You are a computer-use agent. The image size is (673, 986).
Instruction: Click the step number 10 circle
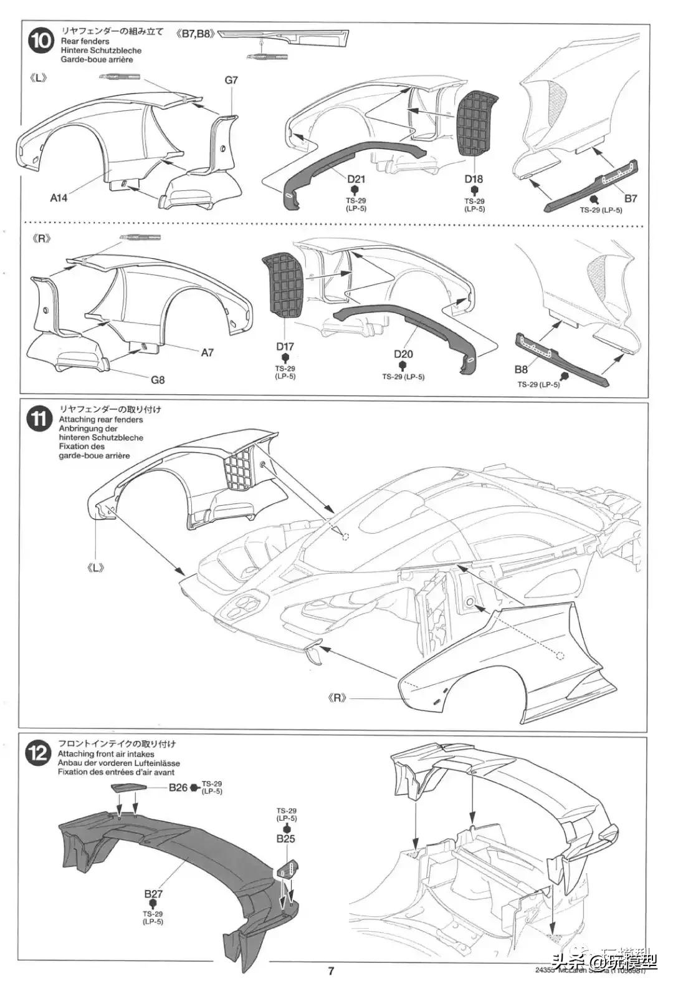tap(42, 42)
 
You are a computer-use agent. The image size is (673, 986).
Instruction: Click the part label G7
tap(232, 80)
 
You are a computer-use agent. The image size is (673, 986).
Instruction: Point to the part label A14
tap(59, 198)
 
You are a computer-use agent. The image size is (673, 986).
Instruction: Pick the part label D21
tap(356, 180)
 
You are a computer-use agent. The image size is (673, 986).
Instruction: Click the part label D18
tap(474, 180)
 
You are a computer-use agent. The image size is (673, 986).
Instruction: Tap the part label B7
tap(631, 198)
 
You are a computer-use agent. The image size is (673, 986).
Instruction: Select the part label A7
tap(208, 352)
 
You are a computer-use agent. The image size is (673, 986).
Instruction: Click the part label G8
tap(157, 379)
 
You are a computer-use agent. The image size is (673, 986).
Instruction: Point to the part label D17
tap(285, 347)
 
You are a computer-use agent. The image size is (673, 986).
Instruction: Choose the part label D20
tap(403, 354)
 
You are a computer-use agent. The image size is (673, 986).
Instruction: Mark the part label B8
tap(522, 369)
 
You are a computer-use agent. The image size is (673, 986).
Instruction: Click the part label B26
tap(178, 788)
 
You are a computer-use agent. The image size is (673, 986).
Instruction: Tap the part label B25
tap(285, 839)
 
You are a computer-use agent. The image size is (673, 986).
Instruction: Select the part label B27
tap(153, 894)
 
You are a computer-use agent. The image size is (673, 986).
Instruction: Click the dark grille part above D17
tap(285, 288)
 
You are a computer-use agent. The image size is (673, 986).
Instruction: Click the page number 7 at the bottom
tap(332, 970)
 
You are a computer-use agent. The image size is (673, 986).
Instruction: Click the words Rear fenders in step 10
tap(85, 41)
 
